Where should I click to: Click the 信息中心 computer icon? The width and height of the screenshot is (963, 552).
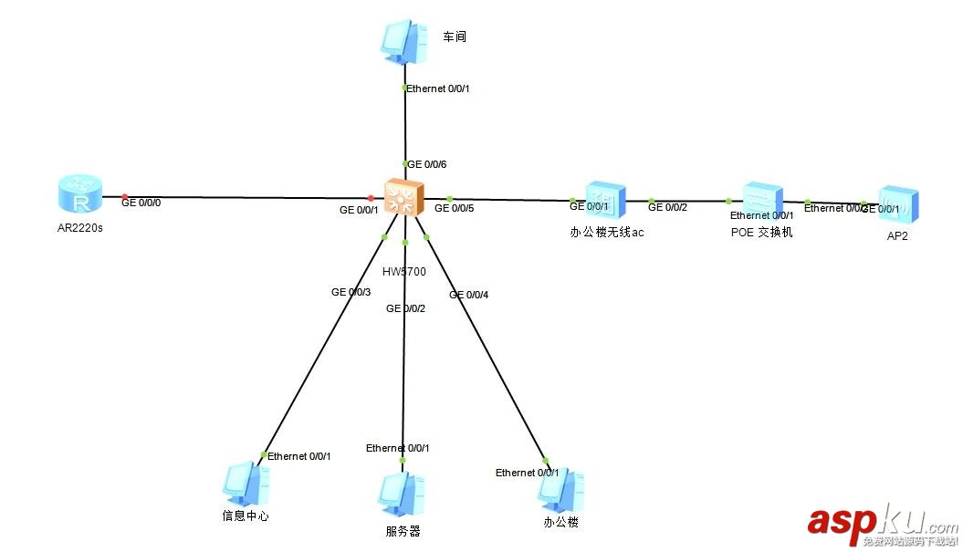[244, 484]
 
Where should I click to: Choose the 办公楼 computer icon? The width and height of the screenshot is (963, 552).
[560, 493]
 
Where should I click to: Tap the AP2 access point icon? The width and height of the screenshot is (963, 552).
[898, 205]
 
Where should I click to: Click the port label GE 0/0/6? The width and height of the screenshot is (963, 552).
[426, 165]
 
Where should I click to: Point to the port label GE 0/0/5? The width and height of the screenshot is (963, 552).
[454, 209]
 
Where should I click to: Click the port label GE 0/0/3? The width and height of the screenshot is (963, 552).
[351, 293]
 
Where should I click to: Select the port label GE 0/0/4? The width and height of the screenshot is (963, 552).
[468, 295]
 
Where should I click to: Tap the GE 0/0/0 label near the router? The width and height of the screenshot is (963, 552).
[141, 203]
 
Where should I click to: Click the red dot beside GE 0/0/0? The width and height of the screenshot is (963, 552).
[125, 196]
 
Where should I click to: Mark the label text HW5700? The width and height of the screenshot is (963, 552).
[404, 272]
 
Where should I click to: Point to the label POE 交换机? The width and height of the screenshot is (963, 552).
[761, 233]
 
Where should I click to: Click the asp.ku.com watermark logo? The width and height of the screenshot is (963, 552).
[881, 524]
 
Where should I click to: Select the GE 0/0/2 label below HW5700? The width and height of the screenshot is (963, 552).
[405, 308]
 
